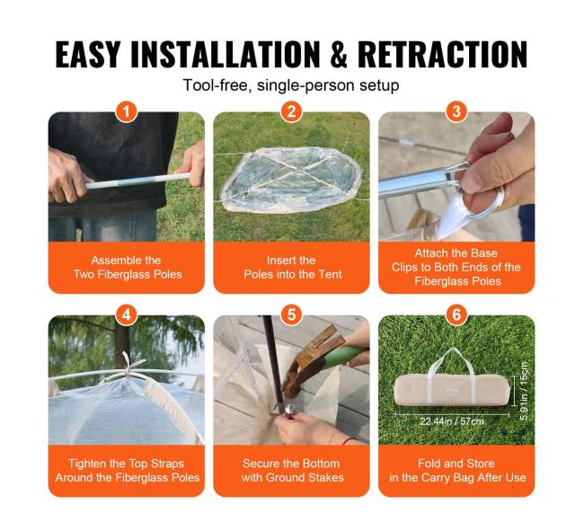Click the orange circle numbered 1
pyautogui.click(x=127, y=111)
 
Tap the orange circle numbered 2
pyautogui.click(x=291, y=111)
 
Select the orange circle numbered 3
pyautogui.click(x=456, y=111)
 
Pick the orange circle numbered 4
pyautogui.click(x=127, y=315)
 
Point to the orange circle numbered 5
pyautogui.click(x=291, y=315)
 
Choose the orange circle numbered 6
pyautogui.click(x=456, y=315)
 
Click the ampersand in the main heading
pyautogui.click(x=339, y=54)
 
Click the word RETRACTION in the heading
pyautogui.click(x=442, y=54)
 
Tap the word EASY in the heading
pyautogui.click(x=88, y=54)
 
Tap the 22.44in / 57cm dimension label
pyautogui.click(x=452, y=421)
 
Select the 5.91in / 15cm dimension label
pyautogui.click(x=524, y=391)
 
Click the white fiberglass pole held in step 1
pyautogui.click(x=137, y=181)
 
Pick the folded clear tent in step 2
pyautogui.click(x=292, y=180)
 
